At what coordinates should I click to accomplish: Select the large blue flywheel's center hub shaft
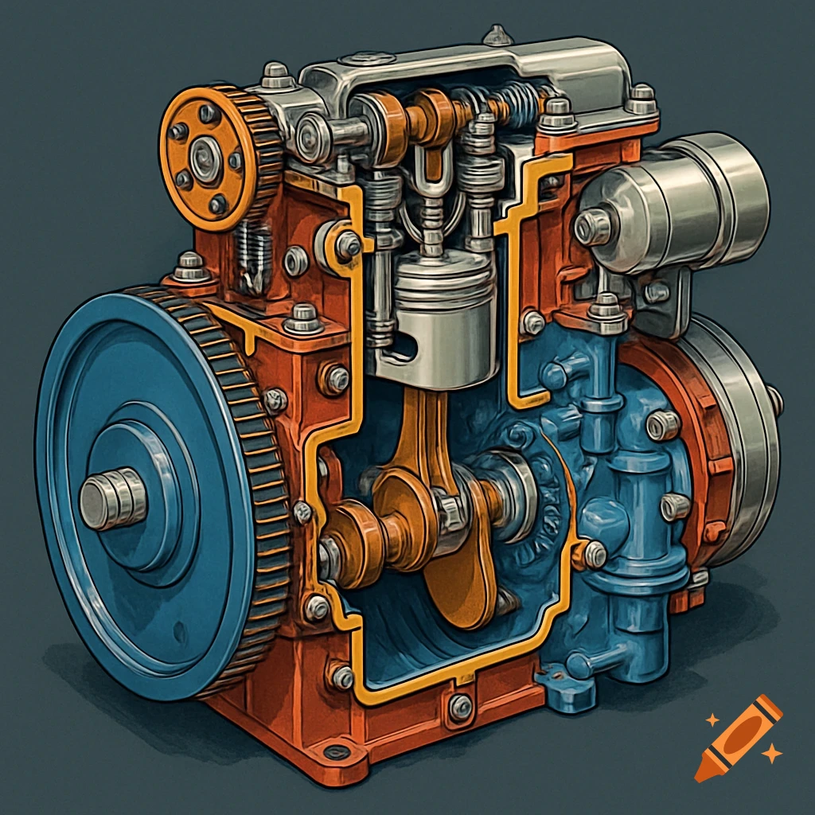click(x=112, y=500)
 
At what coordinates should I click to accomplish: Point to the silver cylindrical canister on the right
click(x=677, y=204)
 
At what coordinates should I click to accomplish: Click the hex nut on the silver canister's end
click(x=592, y=228)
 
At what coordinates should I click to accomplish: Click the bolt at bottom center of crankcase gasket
click(x=459, y=705)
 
